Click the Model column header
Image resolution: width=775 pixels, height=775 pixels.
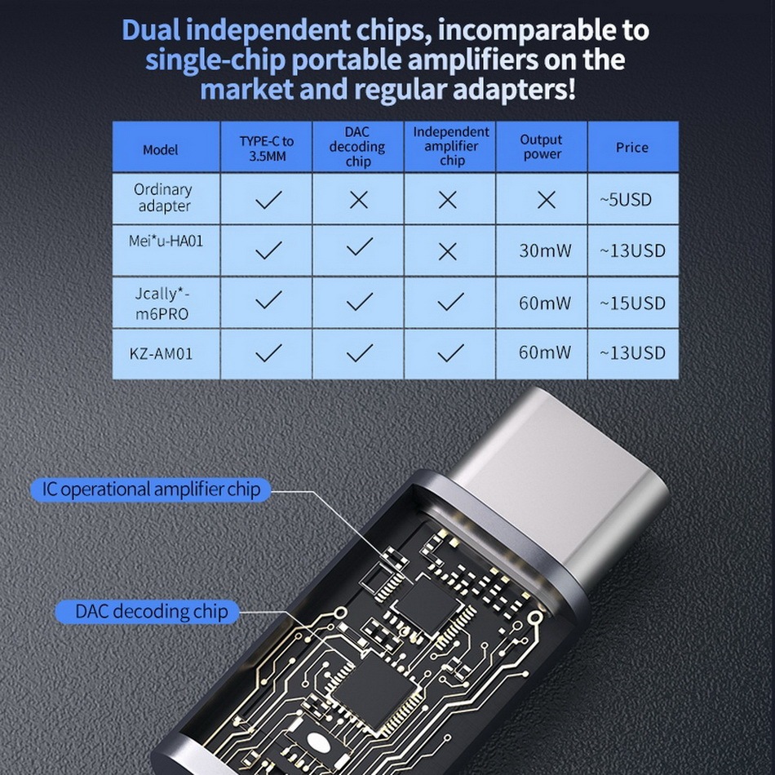[x=160, y=149]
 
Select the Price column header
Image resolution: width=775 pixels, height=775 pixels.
[x=632, y=148]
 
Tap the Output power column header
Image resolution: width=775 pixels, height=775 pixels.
[x=542, y=147]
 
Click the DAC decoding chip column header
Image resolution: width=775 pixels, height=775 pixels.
[x=357, y=147]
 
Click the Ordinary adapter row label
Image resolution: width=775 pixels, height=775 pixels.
[x=163, y=197]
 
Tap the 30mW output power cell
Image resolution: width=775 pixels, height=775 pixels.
[x=545, y=250]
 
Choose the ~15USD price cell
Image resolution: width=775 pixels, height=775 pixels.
[x=632, y=303]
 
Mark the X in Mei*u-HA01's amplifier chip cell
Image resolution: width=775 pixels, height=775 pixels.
[x=447, y=251]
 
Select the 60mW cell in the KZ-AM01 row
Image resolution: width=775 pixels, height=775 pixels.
[x=545, y=353]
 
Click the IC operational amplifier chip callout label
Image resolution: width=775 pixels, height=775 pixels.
[x=151, y=489]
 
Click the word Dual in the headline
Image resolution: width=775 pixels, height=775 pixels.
[x=151, y=30]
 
